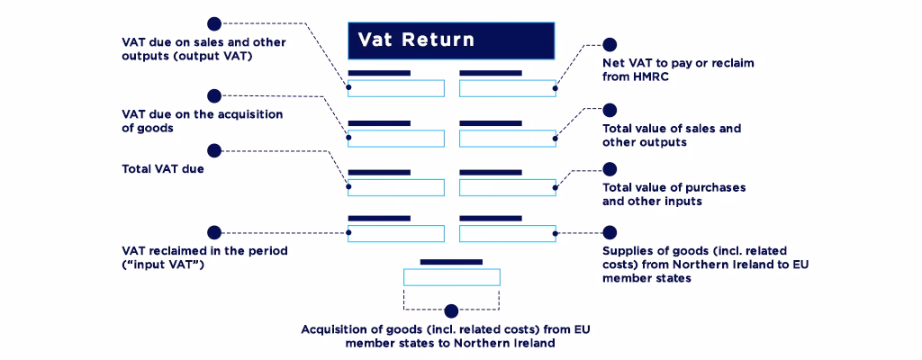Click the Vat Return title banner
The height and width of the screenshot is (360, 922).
tap(451, 40)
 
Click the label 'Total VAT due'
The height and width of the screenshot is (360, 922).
tap(163, 167)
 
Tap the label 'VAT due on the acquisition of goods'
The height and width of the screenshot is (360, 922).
tap(202, 121)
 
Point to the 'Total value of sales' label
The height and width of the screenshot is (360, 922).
tap(672, 135)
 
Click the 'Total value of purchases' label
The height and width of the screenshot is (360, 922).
tap(673, 194)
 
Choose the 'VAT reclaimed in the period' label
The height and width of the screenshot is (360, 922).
tap(204, 257)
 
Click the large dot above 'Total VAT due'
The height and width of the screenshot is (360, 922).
tap(214, 150)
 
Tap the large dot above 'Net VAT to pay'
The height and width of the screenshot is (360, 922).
tap(610, 44)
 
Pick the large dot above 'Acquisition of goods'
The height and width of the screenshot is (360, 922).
tap(451, 310)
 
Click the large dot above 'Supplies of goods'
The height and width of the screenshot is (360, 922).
tap(610, 232)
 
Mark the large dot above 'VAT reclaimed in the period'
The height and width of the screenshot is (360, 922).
tap(214, 232)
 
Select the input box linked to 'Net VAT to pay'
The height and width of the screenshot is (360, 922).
tap(507, 88)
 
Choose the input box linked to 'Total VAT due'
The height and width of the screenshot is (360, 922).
tap(396, 188)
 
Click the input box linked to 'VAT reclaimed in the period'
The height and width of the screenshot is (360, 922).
tap(396, 233)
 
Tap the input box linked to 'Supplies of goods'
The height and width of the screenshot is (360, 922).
tap(507, 233)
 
